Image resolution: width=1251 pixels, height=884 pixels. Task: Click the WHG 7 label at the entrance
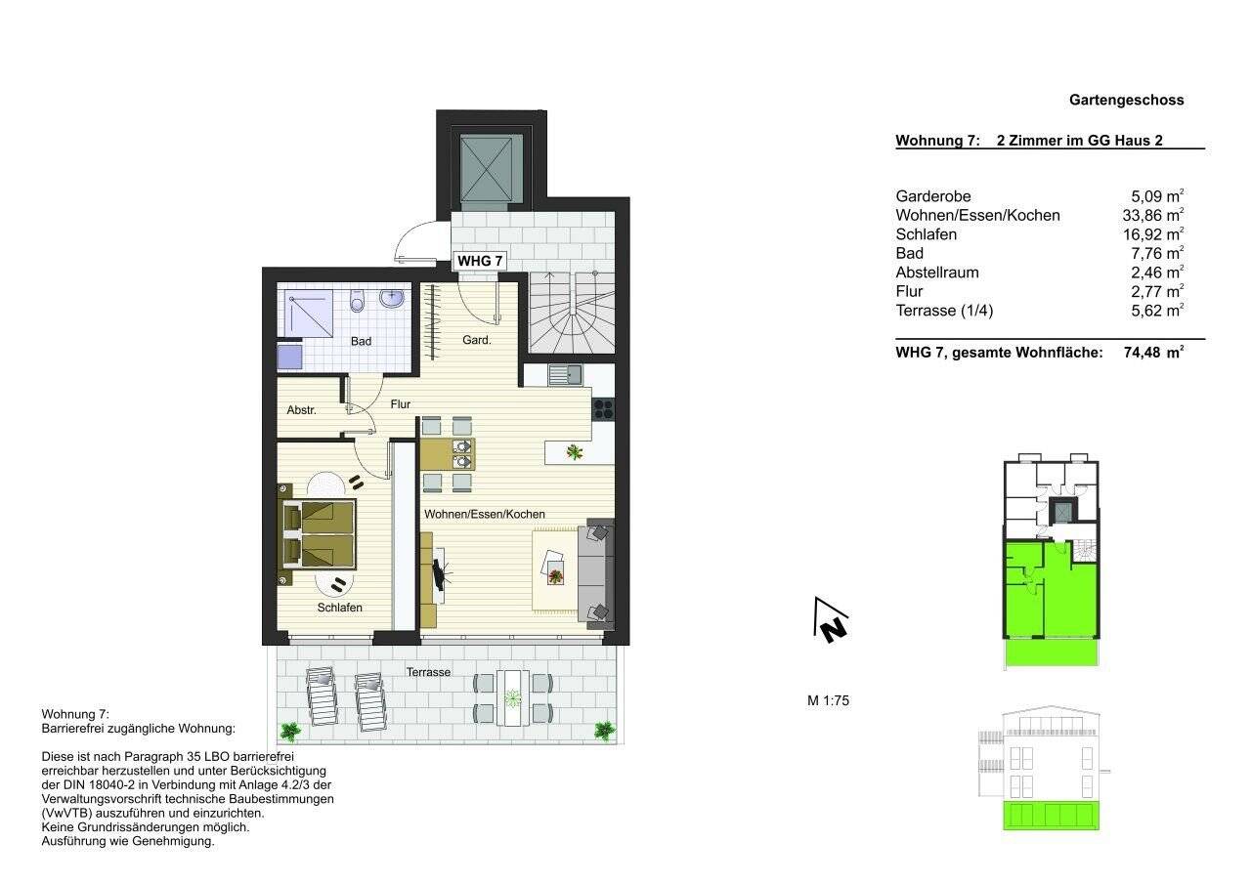480,261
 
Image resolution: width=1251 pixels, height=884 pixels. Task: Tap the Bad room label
361,341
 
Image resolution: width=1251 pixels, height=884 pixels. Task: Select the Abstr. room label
301,410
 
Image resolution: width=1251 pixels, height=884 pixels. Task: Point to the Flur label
401,403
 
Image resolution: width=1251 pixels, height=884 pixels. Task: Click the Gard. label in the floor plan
477,340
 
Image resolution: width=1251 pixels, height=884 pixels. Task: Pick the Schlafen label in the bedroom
339,607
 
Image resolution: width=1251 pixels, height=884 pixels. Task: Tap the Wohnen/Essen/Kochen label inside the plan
484,514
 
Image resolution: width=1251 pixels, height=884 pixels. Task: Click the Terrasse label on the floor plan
429,672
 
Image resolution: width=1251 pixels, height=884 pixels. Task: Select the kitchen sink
565,373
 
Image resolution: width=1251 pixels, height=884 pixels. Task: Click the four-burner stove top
603,408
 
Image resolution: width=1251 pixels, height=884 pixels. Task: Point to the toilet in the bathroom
358,301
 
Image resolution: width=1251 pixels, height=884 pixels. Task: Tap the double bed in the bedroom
320,534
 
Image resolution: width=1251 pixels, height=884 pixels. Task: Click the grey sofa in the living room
596,571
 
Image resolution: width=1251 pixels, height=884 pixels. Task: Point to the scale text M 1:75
828,699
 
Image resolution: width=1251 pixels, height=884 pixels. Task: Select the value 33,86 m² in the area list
1152,215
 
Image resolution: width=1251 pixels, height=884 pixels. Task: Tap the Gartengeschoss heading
1126,100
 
